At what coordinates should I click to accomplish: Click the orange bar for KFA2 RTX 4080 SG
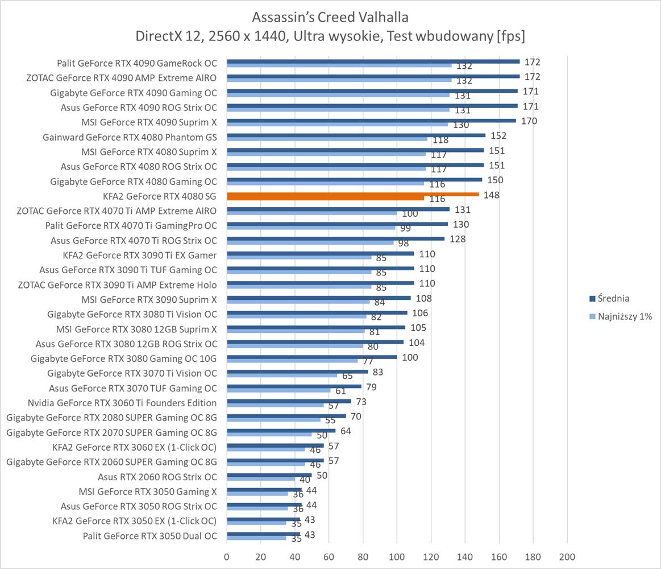pyautogui.click(x=352, y=194)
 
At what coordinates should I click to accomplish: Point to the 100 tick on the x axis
pyautogui.click(x=397, y=556)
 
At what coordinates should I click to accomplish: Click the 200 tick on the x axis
pyautogui.click(x=567, y=556)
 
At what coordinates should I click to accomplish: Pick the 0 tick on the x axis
pyautogui.click(x=227, y=556)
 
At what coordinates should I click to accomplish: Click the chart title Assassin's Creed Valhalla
pyautogui.click(x=330, y=15)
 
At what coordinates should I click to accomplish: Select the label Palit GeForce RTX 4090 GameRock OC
pyautogui.click(x=137, y=63)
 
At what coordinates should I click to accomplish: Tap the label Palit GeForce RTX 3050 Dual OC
pyautogui.click(x=150, y=535)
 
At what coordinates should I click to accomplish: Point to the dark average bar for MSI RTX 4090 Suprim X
pyautogui.click(x=371, y=121)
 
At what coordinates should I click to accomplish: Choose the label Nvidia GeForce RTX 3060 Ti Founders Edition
pyautogui.click(x=122, y=403)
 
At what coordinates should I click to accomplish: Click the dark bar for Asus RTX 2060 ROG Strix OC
pyautogui.click(x=269, y=475)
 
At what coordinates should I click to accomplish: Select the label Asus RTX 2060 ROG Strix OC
pyautogui.click(x=157, y=477)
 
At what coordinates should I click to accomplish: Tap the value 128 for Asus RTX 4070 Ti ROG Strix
pyautogui.click(x=457, y=239)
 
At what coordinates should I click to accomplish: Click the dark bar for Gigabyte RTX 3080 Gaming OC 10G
pyautogui.click(x=312, y=357)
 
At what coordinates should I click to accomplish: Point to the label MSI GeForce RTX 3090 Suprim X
pyautogui.click(x=149, y=299)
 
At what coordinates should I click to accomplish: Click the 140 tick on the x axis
pyautogui.click(x=465, y=556)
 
